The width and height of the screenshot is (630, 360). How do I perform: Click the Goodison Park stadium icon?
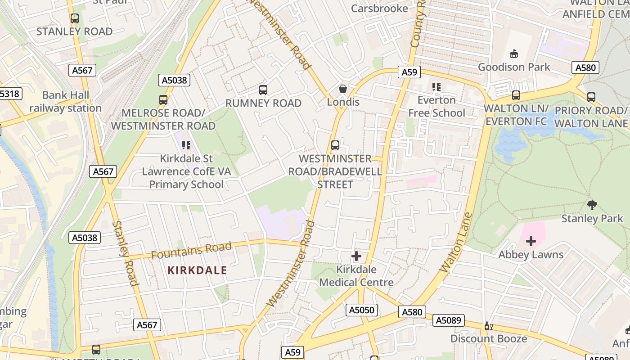pos(513,54)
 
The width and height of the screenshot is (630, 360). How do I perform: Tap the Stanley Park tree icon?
pos(592,205)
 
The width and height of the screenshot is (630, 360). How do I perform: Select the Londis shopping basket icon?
pos(343,89)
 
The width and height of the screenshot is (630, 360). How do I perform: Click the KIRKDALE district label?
pos(198,270)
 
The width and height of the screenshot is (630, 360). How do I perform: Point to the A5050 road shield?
pos(362,310)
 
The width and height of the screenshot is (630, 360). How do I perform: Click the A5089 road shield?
pos(448,320)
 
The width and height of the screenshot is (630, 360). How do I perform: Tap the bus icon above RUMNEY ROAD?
pos(263,90)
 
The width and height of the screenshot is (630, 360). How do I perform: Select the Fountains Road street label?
pos(191,250)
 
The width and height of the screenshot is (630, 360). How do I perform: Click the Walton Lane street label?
pos(456,243)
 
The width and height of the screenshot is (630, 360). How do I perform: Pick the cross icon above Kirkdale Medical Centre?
pos(356,256)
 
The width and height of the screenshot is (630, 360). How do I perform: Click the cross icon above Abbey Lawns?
pos(531,241)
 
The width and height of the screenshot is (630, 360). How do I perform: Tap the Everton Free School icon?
pos(436,86)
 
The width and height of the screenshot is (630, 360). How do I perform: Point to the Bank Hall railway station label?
pos(66,102)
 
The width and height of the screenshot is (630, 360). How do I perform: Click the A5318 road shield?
pos(9,94)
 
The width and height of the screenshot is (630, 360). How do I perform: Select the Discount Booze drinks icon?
pos(487,326)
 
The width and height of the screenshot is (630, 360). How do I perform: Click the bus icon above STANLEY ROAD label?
pos(75,18)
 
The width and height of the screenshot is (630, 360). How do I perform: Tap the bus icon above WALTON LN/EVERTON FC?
pos(516,95)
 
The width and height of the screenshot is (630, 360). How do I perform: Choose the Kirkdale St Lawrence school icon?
pos(186,145)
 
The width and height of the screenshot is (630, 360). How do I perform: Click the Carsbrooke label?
pos(379,9)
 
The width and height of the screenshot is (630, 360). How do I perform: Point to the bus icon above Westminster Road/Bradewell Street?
pos(335,145)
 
